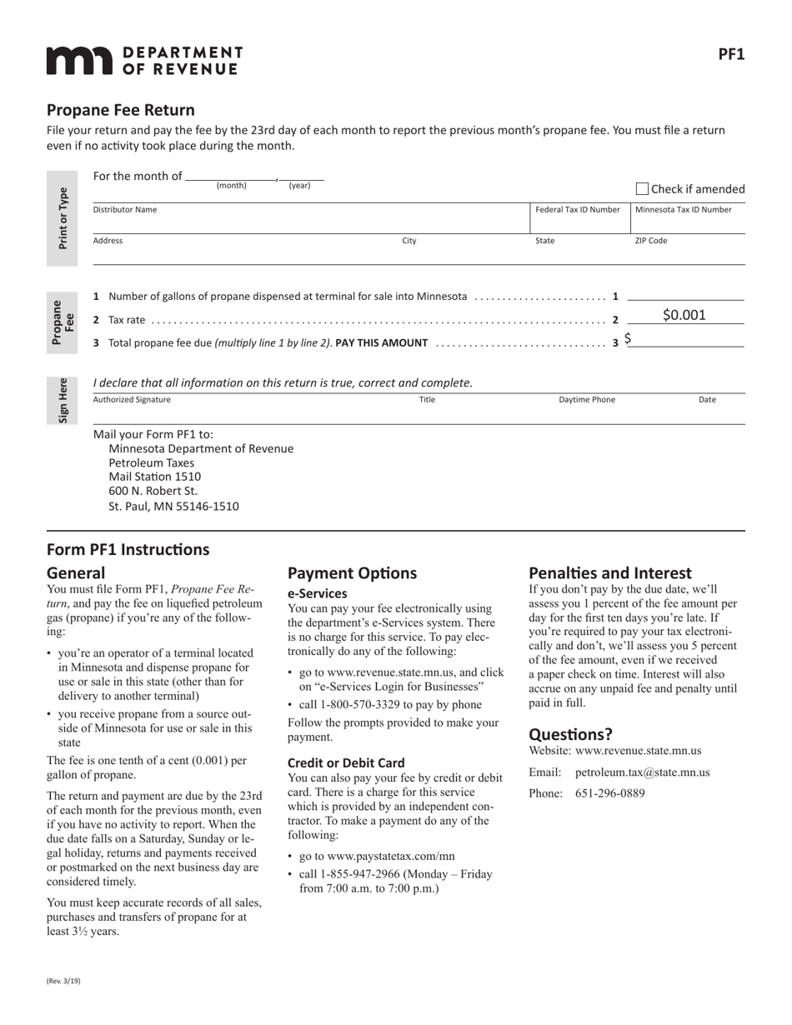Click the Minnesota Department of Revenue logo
tap(144, 61)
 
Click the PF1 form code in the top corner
tap(731, 54)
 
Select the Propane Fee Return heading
tap(121, 110)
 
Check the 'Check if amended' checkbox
tap(642, 189)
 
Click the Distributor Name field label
tap(124, 210)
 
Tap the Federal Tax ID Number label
tap(577, 210)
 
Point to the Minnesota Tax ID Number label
tap(684, 210)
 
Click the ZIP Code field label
tap(651, 241)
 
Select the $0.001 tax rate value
tap(684, 315)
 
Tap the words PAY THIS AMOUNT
tap(381, 342)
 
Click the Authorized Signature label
tap(132, 400)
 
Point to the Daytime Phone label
tap(587, 400)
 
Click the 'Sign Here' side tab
tap(63, 401)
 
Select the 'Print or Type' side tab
tap(63, 218)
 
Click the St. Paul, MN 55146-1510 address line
tap(173, 506)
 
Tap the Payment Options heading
tap(352, 573)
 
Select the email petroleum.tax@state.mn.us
tap(642, 772)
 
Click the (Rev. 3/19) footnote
tap(63, 981)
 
